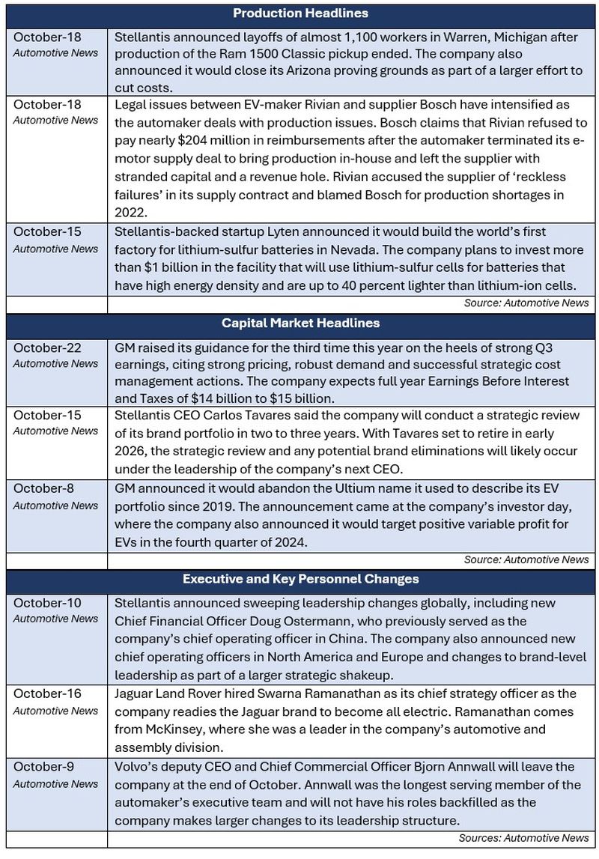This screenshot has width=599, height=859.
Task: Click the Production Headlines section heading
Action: (x=300, y=13)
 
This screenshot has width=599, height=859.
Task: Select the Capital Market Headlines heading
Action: (x=300, y=324)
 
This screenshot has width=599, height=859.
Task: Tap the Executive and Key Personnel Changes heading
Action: (x=300, y=579)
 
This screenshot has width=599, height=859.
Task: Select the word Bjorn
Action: (x=428, y=767)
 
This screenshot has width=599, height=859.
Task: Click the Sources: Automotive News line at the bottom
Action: (x=523, y=838)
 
